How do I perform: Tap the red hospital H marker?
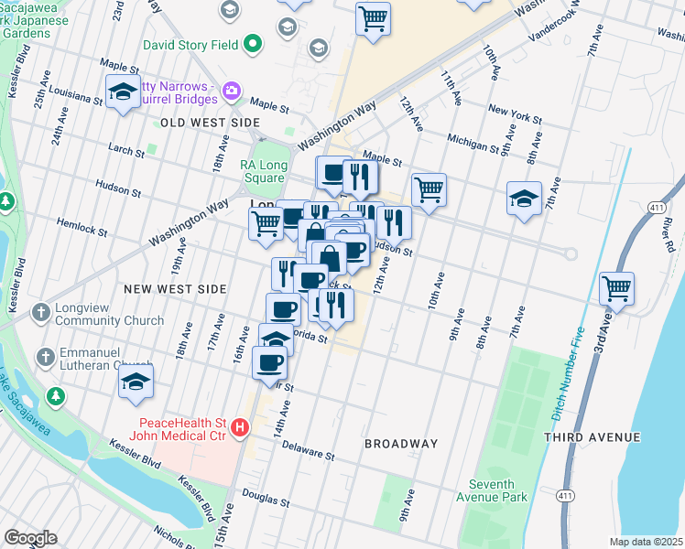pyautogui.click(x=240, y=426)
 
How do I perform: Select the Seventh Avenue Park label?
pyautogui.click(x=497, y=490)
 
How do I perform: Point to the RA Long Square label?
pyautogui.click(x=264, y=171)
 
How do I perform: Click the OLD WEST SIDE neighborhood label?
pyautogui.click(x=211, y=122)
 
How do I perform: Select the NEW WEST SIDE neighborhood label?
pyautogui.click(x=175, y=288)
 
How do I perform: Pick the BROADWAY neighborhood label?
pyautogui.click(x=401, y=444)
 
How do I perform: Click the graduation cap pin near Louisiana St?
pyautogui.click(x=123, y=93)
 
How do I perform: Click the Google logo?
pyautogui.click(x=30, y=538)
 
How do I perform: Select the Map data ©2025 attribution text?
pyautogui.click(x=646, y=542)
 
